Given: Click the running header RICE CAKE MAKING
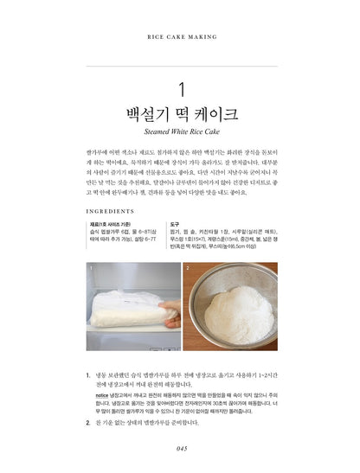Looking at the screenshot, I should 181,38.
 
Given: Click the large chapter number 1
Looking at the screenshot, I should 181,89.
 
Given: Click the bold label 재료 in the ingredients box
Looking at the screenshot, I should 95,224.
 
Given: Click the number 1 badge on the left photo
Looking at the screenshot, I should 93,268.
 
